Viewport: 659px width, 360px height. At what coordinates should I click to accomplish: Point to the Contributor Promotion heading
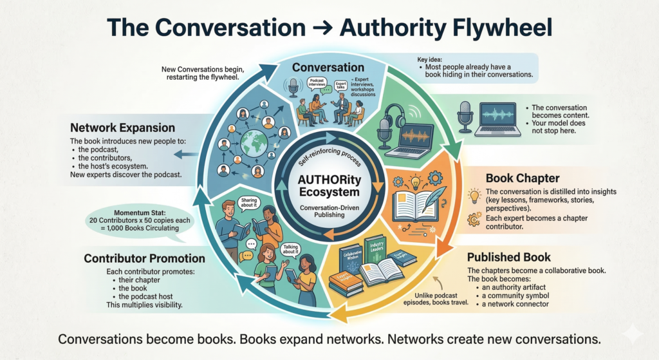coord(145,258)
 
